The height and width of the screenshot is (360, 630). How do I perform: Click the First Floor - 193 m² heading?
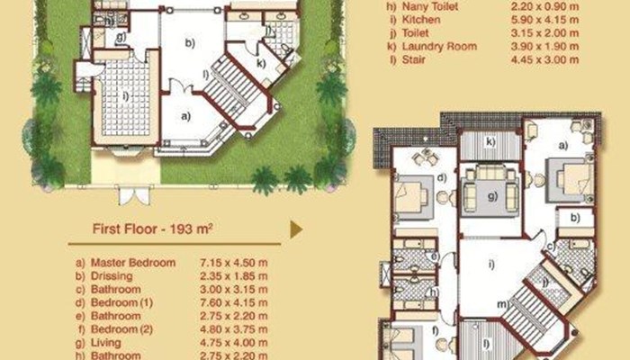(152, 229)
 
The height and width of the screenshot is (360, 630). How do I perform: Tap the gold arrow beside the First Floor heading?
(296, 229)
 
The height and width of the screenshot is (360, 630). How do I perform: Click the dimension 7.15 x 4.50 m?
(233, 263)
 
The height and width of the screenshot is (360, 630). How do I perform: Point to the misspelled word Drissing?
(112, 276)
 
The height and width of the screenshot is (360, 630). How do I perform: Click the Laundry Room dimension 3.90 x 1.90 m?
(544, 46)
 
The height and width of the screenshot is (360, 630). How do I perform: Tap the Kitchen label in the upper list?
(421, 20)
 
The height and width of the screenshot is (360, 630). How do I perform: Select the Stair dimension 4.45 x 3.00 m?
(544, 59)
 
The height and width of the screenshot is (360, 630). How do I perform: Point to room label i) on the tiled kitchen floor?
(126, 95)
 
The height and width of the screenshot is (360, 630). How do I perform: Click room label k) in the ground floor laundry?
(261, 63)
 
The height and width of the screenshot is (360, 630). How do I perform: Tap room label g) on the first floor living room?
(492, 196)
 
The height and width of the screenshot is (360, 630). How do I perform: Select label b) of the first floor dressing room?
(575, 218)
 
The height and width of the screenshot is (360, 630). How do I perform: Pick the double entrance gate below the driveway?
(134, 194)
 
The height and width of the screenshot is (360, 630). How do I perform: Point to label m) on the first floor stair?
(503, 304)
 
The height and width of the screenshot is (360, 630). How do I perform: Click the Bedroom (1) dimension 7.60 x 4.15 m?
(233, 302)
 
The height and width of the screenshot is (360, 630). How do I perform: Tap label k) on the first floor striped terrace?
(490, 141)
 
